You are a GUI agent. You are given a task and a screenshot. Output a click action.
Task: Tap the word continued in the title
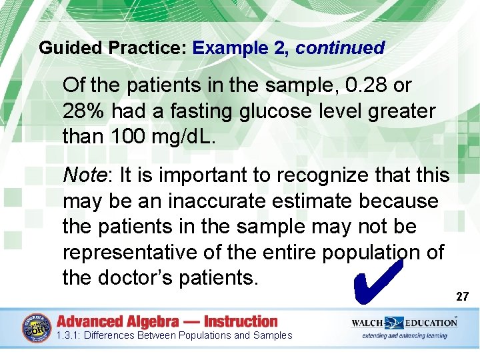[340, 48]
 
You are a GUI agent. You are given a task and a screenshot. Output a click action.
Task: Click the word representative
[131, 253]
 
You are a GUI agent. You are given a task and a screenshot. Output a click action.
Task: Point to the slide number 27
[463, 297]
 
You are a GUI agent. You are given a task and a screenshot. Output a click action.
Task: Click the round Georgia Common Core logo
[36, 327]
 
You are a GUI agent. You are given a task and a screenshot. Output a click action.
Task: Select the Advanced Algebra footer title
[167, 321]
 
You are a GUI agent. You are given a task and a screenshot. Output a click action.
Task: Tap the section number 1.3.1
[69, 335]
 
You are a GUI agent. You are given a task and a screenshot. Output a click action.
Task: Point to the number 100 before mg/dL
[133, 137]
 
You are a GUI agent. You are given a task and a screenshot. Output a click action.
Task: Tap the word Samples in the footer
[273, 335]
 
